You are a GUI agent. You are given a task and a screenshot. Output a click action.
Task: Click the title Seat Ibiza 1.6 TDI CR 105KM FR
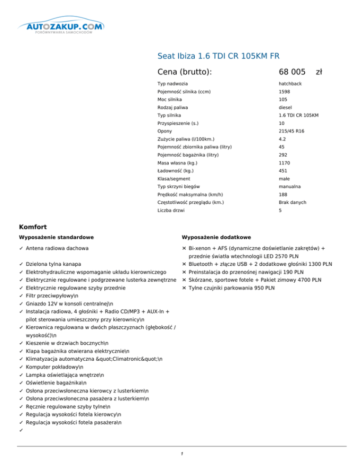[218, 57]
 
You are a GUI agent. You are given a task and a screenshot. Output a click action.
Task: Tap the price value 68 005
[292, 72]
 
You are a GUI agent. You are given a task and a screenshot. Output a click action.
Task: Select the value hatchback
[291, 84]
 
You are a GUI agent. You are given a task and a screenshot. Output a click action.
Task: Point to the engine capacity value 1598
[284, 92]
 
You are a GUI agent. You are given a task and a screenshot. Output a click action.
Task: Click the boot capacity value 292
[283, 155]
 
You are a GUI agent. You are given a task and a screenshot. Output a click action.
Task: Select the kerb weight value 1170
[284, 163]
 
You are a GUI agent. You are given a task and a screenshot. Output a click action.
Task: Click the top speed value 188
[283, 194]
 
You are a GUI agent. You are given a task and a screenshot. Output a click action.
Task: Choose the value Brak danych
[292, 202]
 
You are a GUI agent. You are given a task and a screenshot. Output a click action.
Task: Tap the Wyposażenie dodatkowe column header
[216, 237]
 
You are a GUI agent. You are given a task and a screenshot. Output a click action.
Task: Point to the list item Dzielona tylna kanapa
[53, 264]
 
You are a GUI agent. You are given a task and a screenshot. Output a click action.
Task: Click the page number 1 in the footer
[182, 454]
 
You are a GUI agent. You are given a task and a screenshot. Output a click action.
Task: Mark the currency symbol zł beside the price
[319, 72]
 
